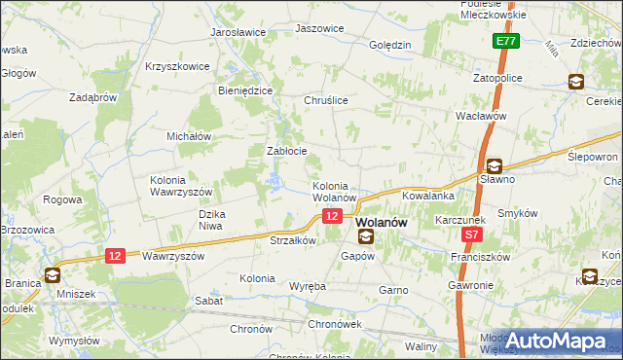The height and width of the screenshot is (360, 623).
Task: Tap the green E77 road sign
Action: tap(504, 42)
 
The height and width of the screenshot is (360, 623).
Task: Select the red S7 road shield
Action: tap(472, 234)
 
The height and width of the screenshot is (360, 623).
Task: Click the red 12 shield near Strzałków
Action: tap(333, 216)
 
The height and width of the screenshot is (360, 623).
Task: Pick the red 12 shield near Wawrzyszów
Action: tap(115, 255)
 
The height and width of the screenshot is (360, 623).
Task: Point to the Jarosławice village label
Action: tap(238, 32)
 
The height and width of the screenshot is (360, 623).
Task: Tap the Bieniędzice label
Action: tap(244, 90)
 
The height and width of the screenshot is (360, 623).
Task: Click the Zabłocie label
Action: tap(287, 151)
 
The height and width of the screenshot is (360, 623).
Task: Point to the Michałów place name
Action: tap(190, 137)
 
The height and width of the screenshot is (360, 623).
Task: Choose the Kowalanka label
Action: tap(428, 196)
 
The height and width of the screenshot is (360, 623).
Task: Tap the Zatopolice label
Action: tap(499, 77)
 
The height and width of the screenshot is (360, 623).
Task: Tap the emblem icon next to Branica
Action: tap(51, 274)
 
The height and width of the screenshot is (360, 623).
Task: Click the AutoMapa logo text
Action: tap(563, 340)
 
